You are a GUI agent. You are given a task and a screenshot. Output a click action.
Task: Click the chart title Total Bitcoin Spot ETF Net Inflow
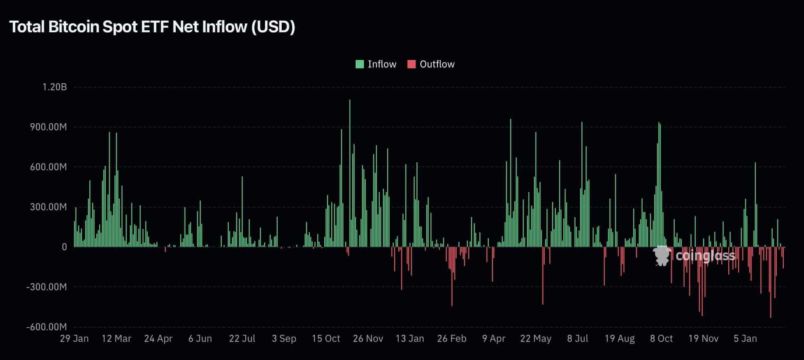152,27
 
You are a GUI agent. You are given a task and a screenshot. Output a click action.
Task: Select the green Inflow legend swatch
359,64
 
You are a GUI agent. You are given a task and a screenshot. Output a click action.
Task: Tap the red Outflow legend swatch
411,64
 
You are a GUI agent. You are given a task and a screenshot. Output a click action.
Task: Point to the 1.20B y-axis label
55,87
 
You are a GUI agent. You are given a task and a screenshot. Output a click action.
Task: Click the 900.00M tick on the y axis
48,127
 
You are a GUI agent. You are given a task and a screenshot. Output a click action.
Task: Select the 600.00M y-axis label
48,167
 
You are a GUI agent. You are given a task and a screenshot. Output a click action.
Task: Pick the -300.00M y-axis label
46,287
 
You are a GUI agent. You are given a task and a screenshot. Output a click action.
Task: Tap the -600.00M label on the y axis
46,327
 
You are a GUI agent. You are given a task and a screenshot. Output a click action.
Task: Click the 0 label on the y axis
64,247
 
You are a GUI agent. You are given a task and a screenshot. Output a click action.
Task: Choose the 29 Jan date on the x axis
74,338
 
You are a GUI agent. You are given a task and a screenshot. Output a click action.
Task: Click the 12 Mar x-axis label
116,338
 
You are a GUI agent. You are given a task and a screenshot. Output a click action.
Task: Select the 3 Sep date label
284,338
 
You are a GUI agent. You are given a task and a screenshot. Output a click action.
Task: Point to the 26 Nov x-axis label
368,338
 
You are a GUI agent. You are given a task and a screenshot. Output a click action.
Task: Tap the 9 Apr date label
493,338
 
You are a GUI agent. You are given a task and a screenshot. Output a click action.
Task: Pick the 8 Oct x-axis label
661,338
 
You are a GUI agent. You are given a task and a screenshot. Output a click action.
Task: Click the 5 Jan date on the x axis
745,338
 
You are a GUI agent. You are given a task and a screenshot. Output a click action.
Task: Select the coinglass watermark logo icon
662,256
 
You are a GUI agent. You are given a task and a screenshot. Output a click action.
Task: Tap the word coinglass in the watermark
705,256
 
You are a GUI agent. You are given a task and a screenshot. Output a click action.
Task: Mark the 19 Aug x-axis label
619,338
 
